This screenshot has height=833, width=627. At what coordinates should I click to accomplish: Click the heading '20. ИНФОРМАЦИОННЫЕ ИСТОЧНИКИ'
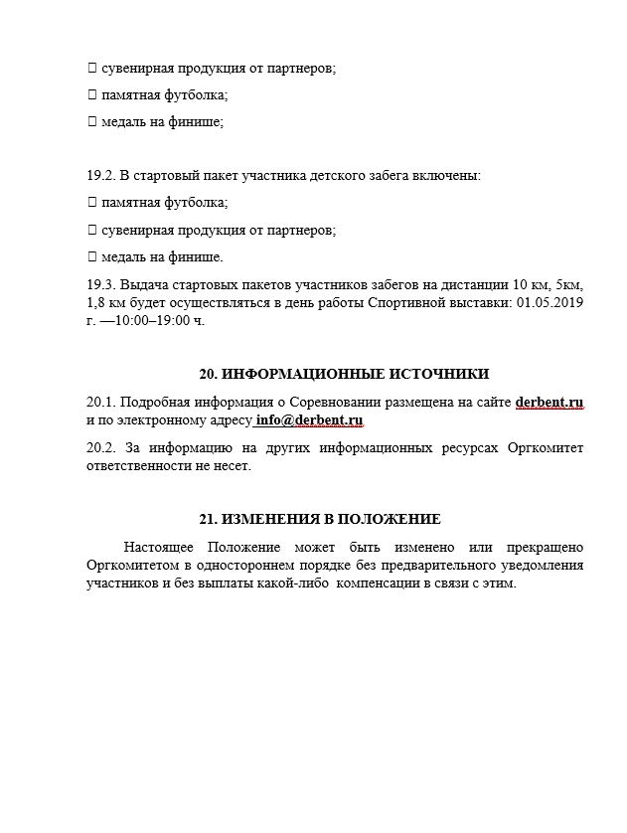(x=344, y=375)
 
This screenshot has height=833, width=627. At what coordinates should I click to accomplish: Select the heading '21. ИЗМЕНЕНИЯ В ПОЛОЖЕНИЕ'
(x=320, y=520)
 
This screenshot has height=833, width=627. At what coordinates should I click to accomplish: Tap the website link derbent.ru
(x=549, y=403)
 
